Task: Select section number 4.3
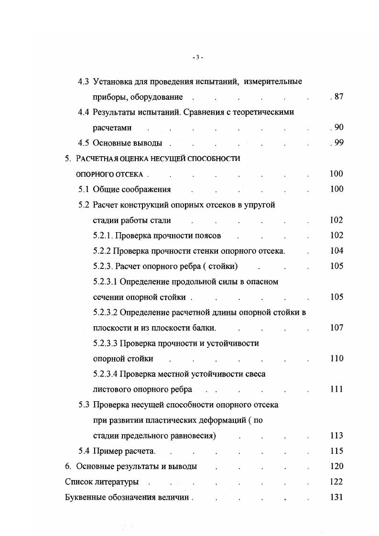point(84,82)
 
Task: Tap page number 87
point(338,97)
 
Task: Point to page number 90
point(338,128)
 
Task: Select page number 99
point(338,143)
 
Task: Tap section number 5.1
point(84,189)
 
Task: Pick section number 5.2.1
point(103,236)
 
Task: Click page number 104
point(336,251)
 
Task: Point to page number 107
point(336,328)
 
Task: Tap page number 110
point(336,358)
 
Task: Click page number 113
point(336,436)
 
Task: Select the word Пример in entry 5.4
point(107,451)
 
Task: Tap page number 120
point(336,466)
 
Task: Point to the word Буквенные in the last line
point(84,497)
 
